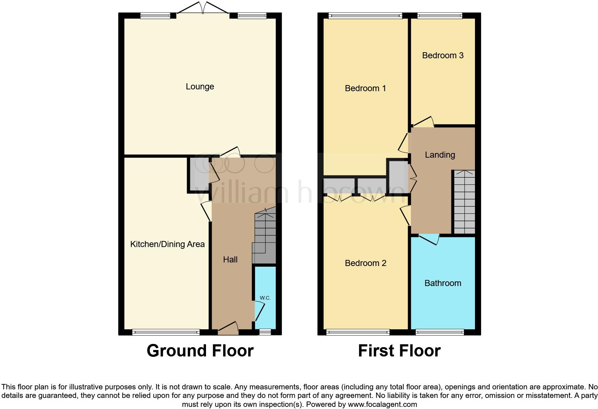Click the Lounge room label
(200, 87)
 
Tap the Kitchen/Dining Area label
(167, 244)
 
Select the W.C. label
(265, 298)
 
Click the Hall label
(230, 260)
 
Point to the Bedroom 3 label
(443, 55)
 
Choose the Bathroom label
(443, 283)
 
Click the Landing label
(440, 155)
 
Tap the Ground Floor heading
(200, 351)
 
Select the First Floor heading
(399, 351)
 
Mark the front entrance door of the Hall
(228, 328)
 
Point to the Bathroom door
(429, 239)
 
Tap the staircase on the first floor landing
(464, 202)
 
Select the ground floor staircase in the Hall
(265, 236)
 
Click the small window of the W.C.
(265, 332)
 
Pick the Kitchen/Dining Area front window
(166, 332)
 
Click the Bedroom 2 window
(358, 332)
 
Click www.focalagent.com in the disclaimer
(382, 404)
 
